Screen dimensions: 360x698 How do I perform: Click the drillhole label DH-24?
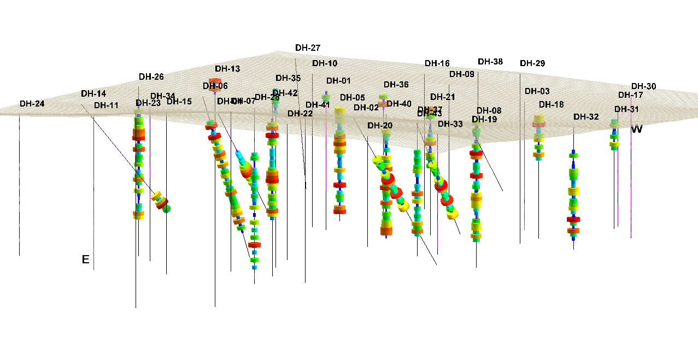tap(32, 104)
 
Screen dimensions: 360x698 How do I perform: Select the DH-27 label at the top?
tap(308, 48)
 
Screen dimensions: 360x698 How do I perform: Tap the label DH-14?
tap(93, 93)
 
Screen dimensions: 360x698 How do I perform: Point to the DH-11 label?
tap(106, 105)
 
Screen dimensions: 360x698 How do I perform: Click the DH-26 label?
tap(151, 76)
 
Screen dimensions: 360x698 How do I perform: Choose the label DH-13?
tap(227, 69)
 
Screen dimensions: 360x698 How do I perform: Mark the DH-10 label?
tap(325, 63)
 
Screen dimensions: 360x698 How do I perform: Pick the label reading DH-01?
tap(338, 81)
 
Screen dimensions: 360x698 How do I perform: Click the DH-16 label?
tap(437, 63)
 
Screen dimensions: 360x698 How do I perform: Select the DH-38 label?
tap(490, 62)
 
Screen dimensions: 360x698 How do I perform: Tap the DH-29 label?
tap(532, 63)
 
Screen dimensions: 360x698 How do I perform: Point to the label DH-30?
tap(644, 86)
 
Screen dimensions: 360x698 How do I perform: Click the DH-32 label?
tap(586, 117)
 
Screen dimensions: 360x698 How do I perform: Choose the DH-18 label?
tap(552, 104)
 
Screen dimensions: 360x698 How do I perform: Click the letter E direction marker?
tap(85, 259)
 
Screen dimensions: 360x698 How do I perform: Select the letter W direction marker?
tap(637, 129)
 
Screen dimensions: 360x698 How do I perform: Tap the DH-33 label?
tap(450, 124)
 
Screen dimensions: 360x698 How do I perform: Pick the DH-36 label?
tap(396, 85)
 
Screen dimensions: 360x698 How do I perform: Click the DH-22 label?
tap(300, 114)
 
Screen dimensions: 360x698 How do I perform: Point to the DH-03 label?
tap(537, 91)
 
